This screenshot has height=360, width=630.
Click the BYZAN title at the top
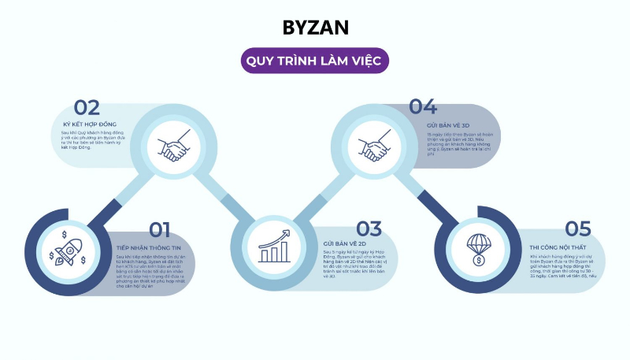coord(315,28)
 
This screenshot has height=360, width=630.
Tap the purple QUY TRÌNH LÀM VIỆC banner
coord(315,61)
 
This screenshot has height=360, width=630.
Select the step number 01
coord(159,229)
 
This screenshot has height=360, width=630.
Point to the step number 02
coord(87,108)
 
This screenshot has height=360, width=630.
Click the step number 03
coord(369,229)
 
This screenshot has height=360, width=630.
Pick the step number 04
coord(422,108)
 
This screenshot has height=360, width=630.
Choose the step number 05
coord(577,229)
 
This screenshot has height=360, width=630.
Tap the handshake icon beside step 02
coord(173,147)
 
